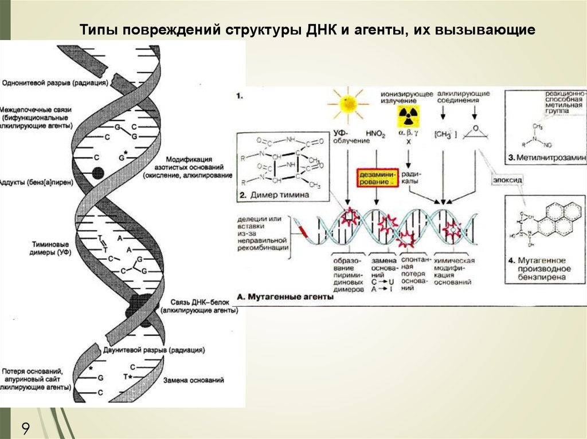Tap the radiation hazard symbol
point(407,117)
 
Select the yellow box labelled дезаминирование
point(376,177)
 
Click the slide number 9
point(26,428)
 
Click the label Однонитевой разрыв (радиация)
point(55,83)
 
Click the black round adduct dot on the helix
point(98,172)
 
